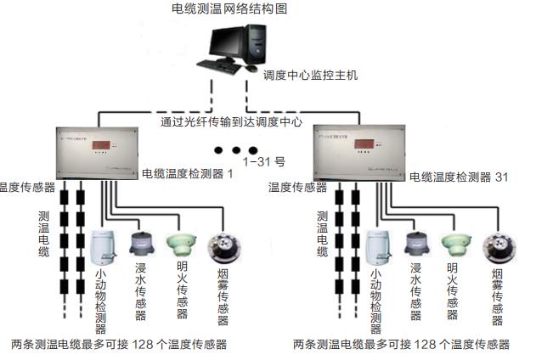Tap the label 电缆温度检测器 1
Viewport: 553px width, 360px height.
tap(187, 173)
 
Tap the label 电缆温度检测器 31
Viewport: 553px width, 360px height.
tap(459, 177)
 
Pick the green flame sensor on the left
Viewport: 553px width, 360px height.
tap(181, 245)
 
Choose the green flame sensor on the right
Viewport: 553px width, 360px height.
tap(457, 245)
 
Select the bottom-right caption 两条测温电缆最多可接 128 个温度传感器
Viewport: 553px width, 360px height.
tap(401, 345)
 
